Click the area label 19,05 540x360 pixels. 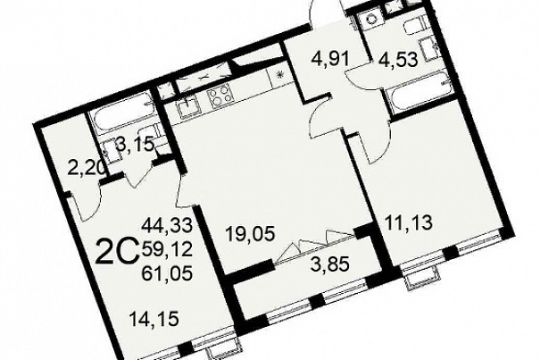(250, 234)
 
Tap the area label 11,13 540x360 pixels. (409, 222)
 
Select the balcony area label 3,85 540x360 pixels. (330, 264)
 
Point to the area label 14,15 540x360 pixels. (154, 319)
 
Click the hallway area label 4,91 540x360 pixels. (330, 59)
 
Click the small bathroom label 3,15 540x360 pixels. (136, 144)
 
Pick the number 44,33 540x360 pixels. (167, 226)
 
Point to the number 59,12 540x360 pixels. (167, 250)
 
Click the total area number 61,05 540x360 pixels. (167, 274)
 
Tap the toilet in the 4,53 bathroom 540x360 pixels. (414, 27)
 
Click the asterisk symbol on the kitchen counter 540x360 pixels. (280, 73)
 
